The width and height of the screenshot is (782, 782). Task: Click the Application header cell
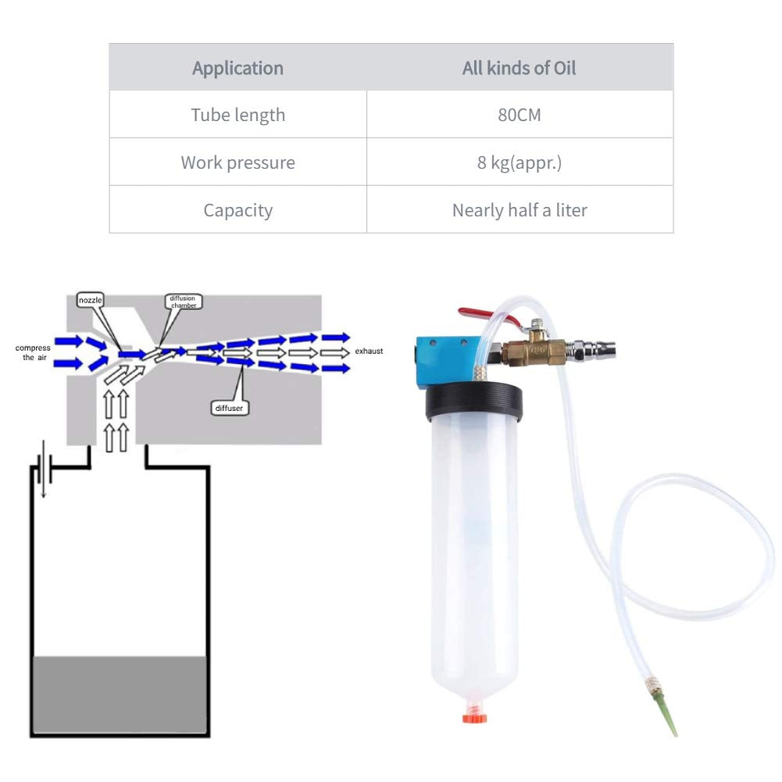238,67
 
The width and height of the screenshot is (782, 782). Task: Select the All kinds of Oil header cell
520,67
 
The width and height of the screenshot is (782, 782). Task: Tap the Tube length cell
238,114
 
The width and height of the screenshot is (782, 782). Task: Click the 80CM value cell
520,114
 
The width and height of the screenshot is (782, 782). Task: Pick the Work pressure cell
238,162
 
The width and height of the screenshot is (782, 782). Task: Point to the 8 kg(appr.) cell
520,162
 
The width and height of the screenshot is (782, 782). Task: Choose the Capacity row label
238,209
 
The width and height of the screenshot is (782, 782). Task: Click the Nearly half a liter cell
520,209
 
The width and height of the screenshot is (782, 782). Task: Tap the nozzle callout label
91,300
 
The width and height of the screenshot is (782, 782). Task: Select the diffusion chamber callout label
183,302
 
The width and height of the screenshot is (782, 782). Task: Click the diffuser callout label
229,408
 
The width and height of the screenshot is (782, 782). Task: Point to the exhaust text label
369,351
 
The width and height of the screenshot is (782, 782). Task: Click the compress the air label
33,352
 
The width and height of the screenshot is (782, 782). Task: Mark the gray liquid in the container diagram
120,694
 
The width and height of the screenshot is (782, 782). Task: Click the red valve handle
486,316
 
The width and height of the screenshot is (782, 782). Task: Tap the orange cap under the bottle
474,717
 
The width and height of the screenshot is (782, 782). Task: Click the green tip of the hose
665,711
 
